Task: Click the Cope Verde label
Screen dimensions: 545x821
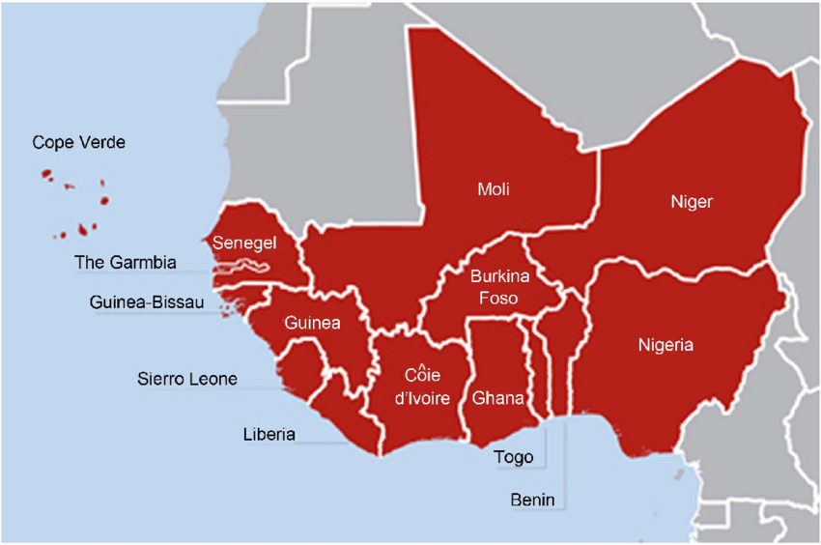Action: [x=79, y=143]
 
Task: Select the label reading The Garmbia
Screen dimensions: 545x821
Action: [x=126, y=263]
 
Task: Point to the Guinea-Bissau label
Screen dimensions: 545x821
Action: [x=147, y=302]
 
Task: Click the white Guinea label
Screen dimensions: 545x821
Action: [x=312, y=324]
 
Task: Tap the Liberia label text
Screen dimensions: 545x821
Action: [x=269, y=435]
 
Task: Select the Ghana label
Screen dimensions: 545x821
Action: [x=498, y=398]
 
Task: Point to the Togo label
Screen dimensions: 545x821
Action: [x=512, y=457]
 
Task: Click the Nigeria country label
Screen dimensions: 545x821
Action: [x=665, y=344]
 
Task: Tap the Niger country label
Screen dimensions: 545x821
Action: [x=692, y=202]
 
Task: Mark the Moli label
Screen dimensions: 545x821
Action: [x=494, y=189]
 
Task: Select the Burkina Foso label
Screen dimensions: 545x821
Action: [x=495, y=288]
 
